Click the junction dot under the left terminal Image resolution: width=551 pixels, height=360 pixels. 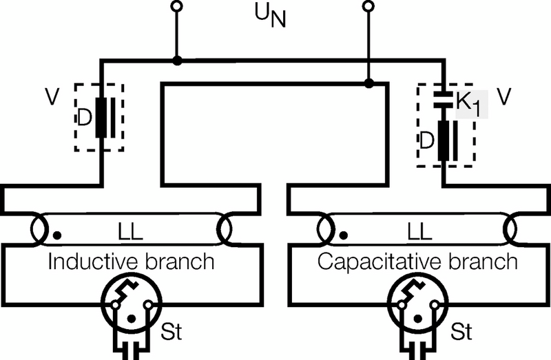(x=178, y=61)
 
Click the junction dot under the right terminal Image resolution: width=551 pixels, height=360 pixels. (x=369, y=83)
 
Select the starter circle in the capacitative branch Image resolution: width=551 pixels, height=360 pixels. (x=417, y=306)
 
